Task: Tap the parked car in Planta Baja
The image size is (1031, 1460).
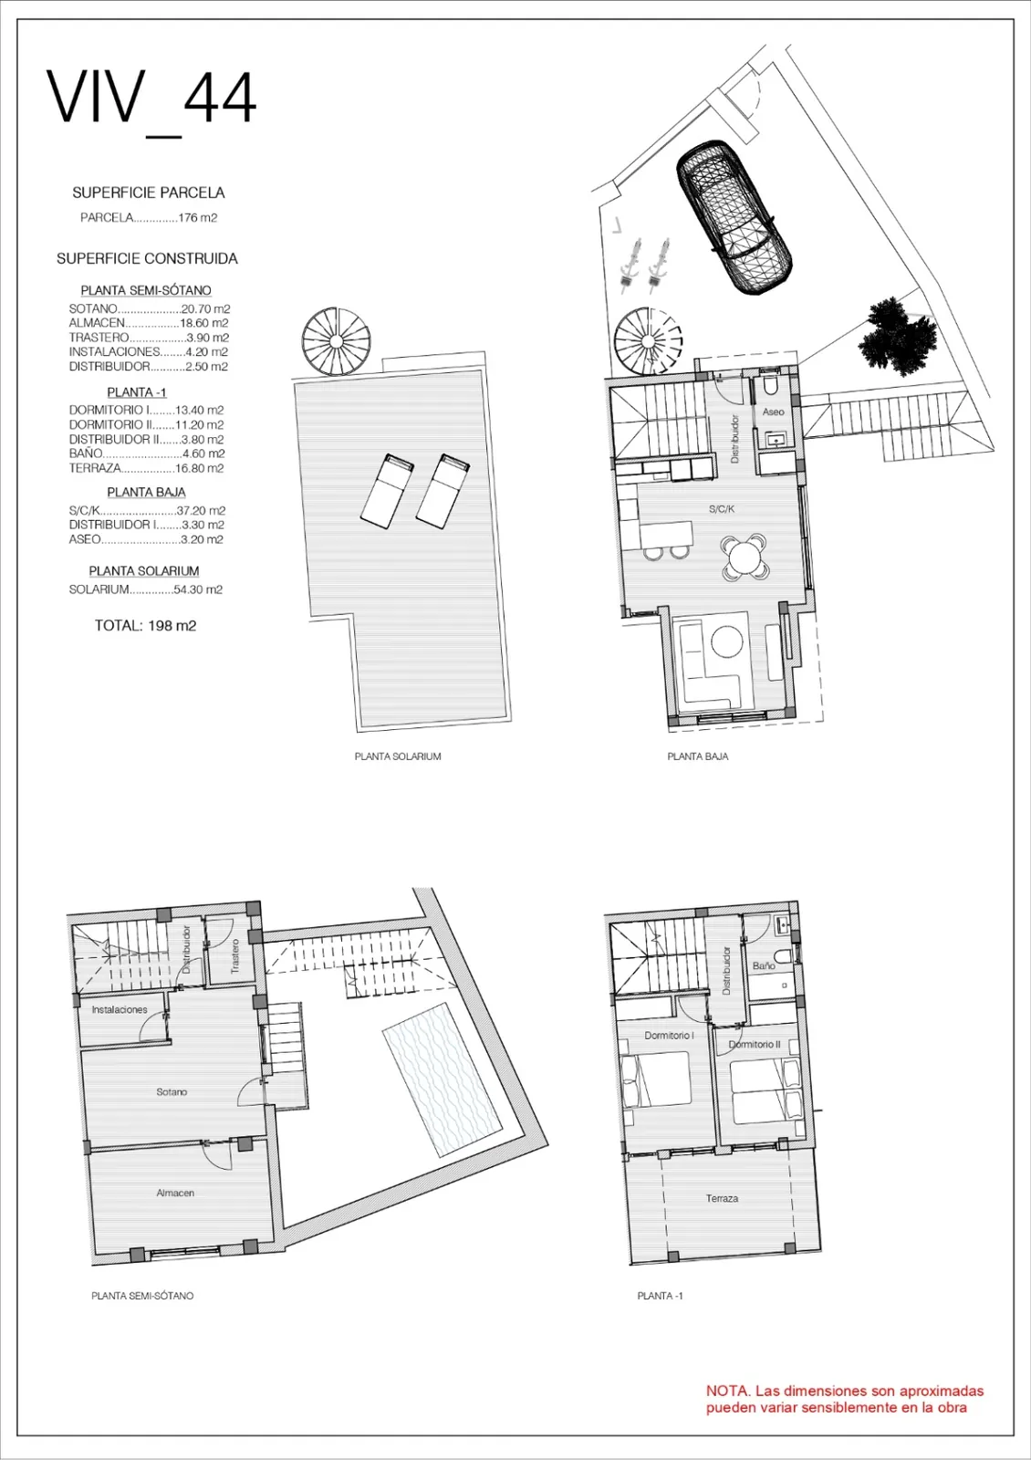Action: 734,216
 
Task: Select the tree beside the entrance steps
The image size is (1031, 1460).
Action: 898,337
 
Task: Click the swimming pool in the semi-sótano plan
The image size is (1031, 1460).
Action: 442,1080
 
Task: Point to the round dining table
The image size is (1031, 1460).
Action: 745,558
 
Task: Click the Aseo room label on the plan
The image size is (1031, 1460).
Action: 773,412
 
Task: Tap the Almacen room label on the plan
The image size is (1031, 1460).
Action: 175,1193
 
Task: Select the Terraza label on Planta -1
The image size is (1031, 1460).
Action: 722,1198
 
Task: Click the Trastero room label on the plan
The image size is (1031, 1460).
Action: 235,956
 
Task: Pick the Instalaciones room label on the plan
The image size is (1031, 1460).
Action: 120,1009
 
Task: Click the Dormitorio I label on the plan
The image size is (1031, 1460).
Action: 670,1035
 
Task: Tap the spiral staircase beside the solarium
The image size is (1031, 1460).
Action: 337,341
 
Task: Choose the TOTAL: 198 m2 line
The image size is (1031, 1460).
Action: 145,626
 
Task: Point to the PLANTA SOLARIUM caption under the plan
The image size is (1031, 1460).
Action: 398,756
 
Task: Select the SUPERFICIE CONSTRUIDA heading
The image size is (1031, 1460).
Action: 147,258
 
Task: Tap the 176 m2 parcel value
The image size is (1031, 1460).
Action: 198,218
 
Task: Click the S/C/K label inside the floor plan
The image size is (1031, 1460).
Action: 722,509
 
